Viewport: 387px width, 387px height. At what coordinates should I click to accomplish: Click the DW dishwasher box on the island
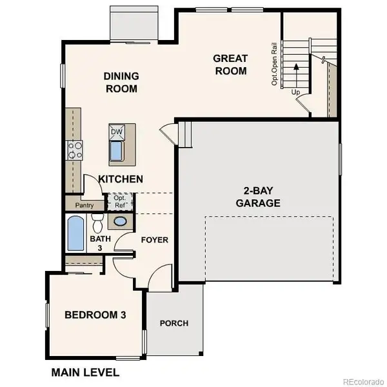[x=117, y=132]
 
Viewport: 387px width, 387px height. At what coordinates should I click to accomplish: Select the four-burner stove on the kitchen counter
[x=75, y=150]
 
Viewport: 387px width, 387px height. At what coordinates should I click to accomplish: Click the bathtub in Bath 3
[x=75, y=234]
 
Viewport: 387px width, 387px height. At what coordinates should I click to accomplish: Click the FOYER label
[x=154, y=240]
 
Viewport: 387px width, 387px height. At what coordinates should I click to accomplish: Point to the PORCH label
[x=174, y=323]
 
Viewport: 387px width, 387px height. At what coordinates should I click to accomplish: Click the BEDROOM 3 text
[x=95, y=315]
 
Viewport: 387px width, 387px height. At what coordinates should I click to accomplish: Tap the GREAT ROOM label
[x=230, y=64]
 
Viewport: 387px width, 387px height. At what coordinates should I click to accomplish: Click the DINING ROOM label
[x=121, y=83]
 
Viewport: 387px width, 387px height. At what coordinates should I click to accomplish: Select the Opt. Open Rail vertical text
[x=274, y=64]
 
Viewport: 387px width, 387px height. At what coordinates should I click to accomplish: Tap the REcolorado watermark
[x=362, y=380]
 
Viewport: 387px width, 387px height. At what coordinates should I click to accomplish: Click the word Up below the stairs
[x=296, y=92]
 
